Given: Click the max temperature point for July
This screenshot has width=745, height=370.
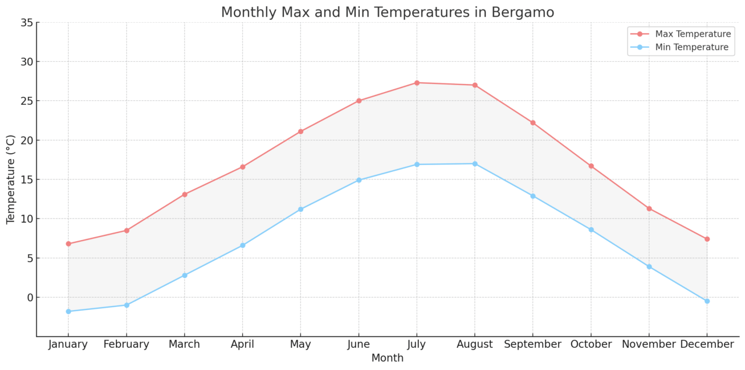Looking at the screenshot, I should click(x=417, y=83).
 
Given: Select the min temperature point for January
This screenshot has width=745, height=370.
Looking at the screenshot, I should click(x=68, y=311).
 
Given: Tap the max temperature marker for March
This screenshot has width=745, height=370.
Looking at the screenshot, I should click(x=185, y=194).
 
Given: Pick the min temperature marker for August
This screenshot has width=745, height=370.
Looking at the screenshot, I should click(x=475, y=164).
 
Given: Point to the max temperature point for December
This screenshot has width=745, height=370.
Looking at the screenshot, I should click(x=707, y=239).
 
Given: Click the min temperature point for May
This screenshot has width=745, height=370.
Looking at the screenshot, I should click(x=300, y=209).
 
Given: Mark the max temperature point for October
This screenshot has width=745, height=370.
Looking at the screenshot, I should click(x=591, y=166).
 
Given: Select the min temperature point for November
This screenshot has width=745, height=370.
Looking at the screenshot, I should click(x=649, y=266).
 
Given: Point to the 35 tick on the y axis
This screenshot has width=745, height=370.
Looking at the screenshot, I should click(x=26, y=23).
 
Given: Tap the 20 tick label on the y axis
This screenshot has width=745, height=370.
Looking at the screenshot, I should click(x=26, y=140).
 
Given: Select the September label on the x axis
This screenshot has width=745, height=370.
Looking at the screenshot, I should click(x=533, y=344).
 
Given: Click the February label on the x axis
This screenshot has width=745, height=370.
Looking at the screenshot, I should click(x=126, y=344).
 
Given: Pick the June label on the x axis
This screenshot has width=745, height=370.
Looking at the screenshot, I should click(x=359, y=344).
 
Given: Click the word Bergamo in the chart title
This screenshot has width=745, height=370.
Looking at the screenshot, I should click(x=523, y=12).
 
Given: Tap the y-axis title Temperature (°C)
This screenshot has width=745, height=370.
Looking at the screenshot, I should click(x=11, y=179).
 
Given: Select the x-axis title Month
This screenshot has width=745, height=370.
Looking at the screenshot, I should click(x=387, y=358).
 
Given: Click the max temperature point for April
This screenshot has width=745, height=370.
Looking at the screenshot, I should click(x=243, y=167).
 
